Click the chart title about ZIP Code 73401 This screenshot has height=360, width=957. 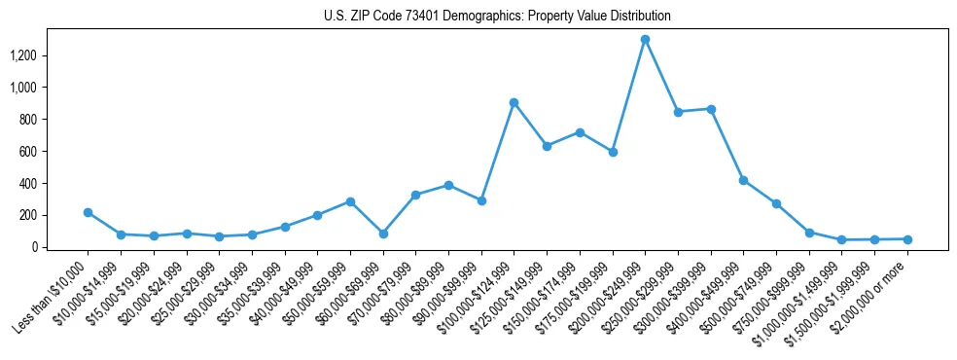click(x=497, y=16)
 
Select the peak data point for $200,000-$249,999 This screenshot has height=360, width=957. click(x=645, y=40)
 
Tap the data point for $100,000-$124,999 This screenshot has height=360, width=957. click(x=514, y=102)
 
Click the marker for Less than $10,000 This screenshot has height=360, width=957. click(x=89, y=212)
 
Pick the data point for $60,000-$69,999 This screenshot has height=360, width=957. click(x=383, y=234)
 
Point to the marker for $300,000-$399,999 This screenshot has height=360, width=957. click(x=711, y=109)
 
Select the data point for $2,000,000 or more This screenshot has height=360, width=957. click(x=907, y=239)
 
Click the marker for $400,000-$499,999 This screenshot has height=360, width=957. click(x=743, y=180)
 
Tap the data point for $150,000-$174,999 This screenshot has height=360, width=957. click(x=580, y=132)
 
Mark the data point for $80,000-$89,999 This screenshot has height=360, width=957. click(x=448, y=185)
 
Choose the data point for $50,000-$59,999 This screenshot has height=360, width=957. click(x=350, y=201)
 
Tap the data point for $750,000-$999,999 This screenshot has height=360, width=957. click(x=809, y=233)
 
